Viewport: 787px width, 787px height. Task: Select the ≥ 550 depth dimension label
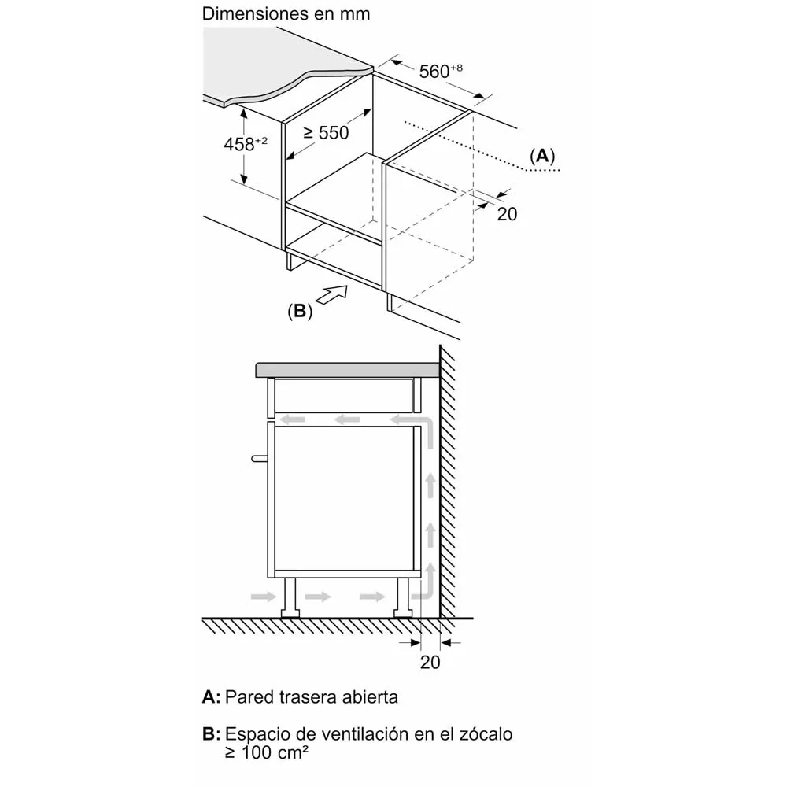(326, 132)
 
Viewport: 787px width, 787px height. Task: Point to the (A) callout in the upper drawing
(542, 156)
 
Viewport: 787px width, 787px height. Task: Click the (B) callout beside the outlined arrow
(300, 311)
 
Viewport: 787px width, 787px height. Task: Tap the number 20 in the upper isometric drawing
(507, 214)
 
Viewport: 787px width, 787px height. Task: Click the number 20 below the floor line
(430, 662)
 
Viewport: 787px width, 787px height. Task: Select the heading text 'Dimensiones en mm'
(286, 13)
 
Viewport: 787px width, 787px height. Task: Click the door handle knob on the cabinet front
(259, 458)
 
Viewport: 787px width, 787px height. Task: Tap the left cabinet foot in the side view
(290, 597)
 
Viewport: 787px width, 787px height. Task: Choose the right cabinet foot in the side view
(403, 597)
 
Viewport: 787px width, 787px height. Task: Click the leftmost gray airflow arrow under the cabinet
(264, 597)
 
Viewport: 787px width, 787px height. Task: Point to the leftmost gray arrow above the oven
(293, 419)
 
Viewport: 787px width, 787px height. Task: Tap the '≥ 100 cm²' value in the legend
(267, 752)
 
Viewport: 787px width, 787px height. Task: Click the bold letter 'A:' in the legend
(211, 696)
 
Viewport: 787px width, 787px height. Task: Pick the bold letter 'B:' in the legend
(211, 733)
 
